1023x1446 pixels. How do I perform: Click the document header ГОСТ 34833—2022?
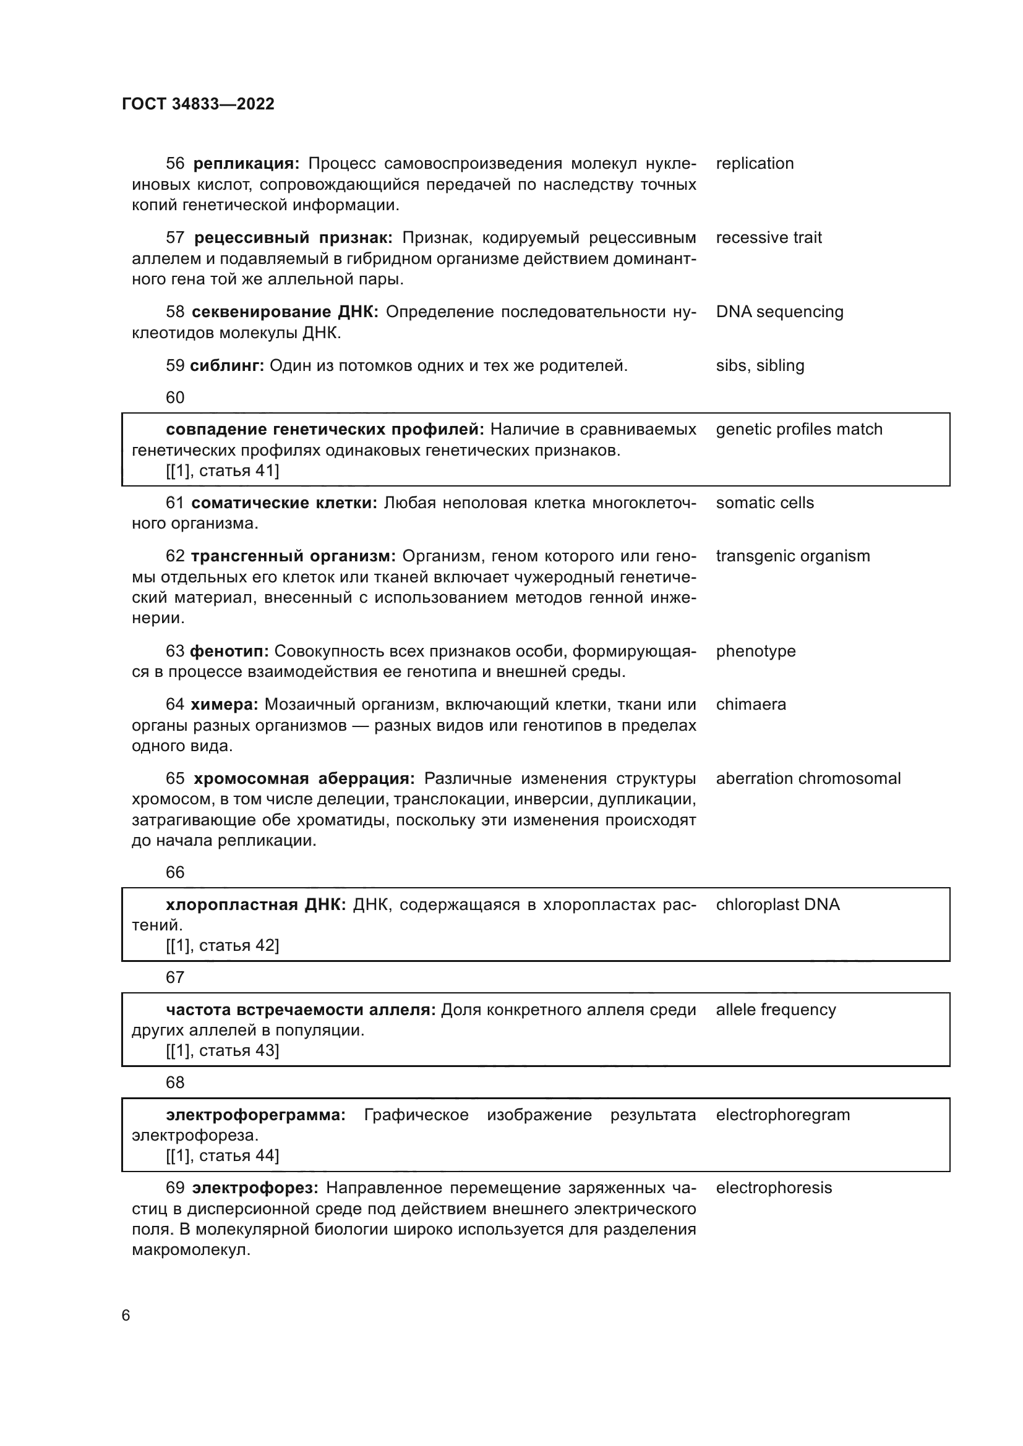pyautogui.click(x=198, y=104)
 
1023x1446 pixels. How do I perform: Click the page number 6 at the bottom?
pyautogui.click(x=126, y=1315)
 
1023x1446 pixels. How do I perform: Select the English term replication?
pyautogui.click(x=755, y=164)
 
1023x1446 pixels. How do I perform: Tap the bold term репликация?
pyautogui.click(x=246, y=164)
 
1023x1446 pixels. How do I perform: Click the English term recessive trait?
pyautogui.click(x=769, y=237)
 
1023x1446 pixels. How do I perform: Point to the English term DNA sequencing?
pyautogui.click(x=779, y=312)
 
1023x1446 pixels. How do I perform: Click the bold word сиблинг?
pyautogui.click(x=227, y=366)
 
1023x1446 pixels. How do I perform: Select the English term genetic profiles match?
pyautogui.click(x=798, y=430)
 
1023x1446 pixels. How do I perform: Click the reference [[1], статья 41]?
pyautogui.click(x=223, y=470)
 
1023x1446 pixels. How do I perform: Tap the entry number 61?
pyautogui.click(x=174, y=503)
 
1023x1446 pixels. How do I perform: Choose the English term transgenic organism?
pyautogui.click(x=792, y=556)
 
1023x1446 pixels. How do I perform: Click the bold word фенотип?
pyautogui.click(x=229, y=651)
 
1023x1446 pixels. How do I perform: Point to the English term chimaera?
pyautogui.click(x=751, y=704)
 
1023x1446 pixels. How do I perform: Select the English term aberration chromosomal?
pyautogui.click(x=808, y=778)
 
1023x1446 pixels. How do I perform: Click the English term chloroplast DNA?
pyautogui.click(x=777, y=905)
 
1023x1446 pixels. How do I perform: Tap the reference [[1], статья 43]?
pyautogui.click(x=223, y=1050)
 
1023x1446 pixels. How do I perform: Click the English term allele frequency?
pyautogui.click(x=776, y=1010)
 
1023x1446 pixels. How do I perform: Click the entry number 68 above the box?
pyautogui.click(x=174, y=1082)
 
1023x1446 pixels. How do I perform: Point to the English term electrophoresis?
pyautogui.click(x=774, y=1188)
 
